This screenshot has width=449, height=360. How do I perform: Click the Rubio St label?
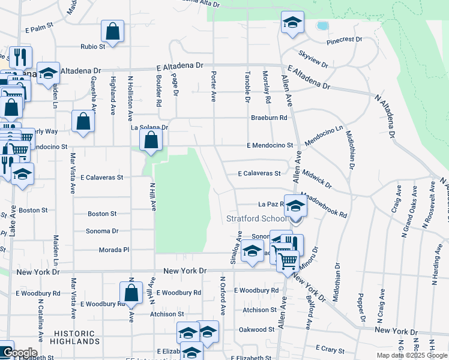94,46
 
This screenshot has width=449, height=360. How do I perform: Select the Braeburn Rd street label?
270,118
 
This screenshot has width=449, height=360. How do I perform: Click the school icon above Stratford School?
295,206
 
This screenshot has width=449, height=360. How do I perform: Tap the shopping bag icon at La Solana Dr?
151,140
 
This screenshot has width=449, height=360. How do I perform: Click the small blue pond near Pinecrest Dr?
322,26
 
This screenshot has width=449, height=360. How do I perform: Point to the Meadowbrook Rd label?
324,205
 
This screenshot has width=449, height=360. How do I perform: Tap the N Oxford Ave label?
222,296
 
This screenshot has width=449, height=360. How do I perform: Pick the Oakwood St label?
256,329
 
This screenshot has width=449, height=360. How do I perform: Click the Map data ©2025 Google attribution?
412,355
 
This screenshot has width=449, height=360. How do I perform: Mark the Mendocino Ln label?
324,136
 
